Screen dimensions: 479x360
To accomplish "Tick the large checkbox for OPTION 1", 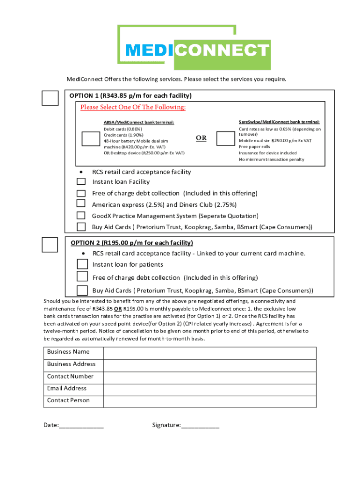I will (x=50, y=98).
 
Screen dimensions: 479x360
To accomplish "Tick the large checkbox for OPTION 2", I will (x=50, y=245).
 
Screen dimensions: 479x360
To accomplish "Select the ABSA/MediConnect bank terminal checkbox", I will (x=90, y=139).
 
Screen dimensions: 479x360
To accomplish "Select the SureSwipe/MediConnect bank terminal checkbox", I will (x=226, y=138).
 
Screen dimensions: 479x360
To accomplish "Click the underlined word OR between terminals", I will (x=201, y=138).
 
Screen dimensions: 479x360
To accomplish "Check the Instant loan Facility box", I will (x=81, y=181).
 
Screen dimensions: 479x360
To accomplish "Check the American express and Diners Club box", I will (x=81, y=203).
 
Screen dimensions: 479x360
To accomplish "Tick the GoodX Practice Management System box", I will (x=81, y=215).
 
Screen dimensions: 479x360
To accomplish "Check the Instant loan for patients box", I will (x=82, y=264).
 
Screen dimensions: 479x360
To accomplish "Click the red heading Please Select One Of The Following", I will (x=133, y=108).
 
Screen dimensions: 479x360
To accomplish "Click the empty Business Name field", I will (x=209, y=353).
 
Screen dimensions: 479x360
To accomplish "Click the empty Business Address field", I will (x=209, y=365).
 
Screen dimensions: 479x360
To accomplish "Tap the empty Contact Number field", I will (x=209, y=377).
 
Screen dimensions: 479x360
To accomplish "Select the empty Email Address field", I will (x=209, y=389).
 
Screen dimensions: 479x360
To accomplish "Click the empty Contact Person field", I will (x=209, y=401).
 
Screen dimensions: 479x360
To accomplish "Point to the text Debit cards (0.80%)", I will (x=122, y=129).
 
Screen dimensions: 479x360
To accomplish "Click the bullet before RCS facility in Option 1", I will (x=82, y=172).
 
